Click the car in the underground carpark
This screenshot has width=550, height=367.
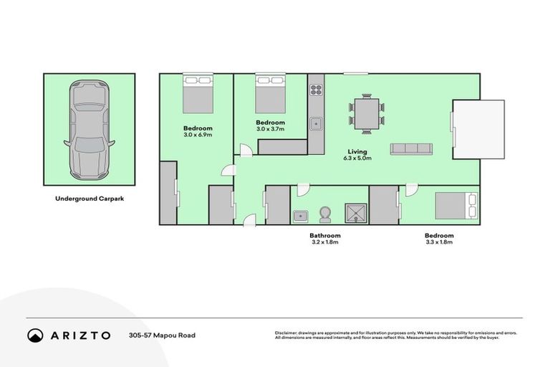click(x=90, y=130)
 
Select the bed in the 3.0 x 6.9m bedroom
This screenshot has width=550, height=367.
click(x=198, y=94)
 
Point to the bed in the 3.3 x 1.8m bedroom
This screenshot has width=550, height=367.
click(x=455, y=205)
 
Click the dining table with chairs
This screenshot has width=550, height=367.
click(x=366, y=114)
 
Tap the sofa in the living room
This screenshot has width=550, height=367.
click(x=411, y=149)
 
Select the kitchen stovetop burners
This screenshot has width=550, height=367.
click(x=316, y=90)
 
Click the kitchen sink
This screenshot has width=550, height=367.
click(x=316, y=124)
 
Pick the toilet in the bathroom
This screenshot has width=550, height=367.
click(x=327, y=214)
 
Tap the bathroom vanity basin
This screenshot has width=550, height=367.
click(x=299, y=214)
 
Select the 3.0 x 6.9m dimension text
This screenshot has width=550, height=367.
click(x=198, y=135)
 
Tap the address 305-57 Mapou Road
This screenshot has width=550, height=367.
click(x=162, y=335)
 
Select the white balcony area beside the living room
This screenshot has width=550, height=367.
click(x=479, y=129)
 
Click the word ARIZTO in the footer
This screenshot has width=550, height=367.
click(x=80, y=335)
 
